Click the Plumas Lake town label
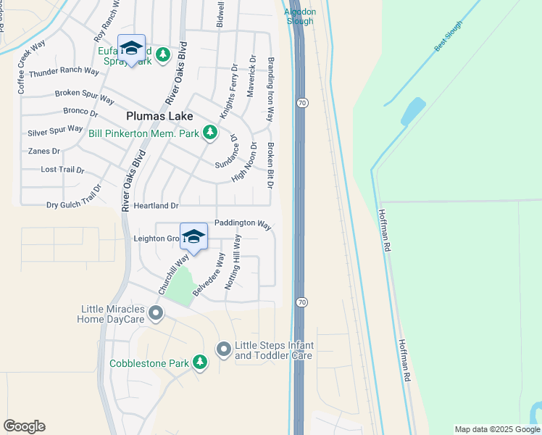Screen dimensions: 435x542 [159, 116]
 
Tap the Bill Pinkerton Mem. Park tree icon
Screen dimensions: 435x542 [210, 132]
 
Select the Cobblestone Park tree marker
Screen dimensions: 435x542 [200, 362]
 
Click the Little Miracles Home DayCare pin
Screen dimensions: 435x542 [155, 313]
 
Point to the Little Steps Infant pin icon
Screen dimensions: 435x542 [223, 350]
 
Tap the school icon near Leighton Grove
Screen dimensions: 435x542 [193, 237]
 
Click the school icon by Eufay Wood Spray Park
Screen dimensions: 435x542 [131, 49]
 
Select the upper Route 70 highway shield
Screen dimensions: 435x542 [301, 104]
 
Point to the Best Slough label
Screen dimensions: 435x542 [448, 36]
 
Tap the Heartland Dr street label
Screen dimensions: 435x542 [155, 206]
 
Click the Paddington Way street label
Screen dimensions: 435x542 [243, 224]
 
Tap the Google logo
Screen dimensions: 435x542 [24, 426]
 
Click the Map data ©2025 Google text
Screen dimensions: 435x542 [496, 429]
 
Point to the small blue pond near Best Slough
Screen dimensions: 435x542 [413, 111]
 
